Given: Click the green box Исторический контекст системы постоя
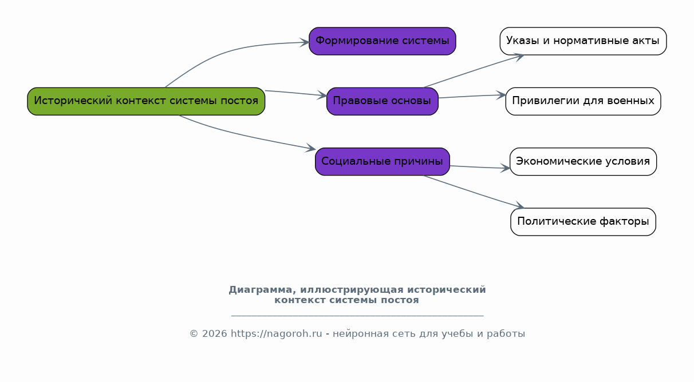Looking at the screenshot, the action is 146,101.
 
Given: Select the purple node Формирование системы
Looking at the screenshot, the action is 383,41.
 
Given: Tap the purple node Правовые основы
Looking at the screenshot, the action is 383,101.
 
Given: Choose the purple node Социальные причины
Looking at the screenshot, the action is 383,161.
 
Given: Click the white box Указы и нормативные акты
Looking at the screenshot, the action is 583,41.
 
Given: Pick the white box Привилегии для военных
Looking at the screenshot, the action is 583,101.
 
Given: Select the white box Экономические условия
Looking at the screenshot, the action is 583,161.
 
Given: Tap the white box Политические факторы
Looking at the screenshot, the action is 583,222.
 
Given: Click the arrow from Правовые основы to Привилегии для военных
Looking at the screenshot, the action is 472,96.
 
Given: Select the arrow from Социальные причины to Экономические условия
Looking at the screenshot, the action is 480,167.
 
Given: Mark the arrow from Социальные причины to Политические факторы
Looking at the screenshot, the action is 474,192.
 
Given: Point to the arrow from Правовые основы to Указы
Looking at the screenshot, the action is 474,71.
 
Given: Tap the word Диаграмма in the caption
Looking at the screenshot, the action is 260,290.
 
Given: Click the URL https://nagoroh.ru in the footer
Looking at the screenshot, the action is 277,334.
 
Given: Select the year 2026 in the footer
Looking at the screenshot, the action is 214,334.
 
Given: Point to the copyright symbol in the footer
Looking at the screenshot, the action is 194,334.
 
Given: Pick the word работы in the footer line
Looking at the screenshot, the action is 506,334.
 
